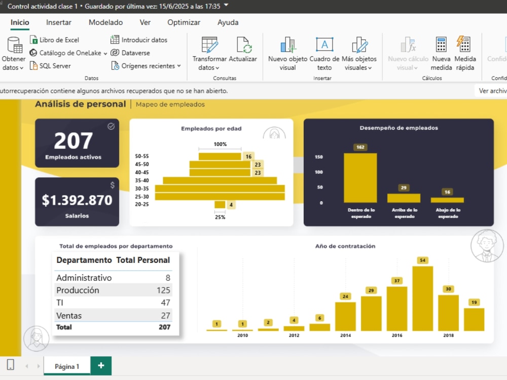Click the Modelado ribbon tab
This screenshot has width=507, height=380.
click(x=106, y=22)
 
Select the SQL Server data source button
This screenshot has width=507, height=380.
click(x=50, y=65)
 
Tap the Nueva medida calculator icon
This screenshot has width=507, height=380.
click(x=441, y=45)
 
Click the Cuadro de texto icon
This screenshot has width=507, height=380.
click(x=324, y=44)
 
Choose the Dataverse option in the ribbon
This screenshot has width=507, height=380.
click(x=130, y=53)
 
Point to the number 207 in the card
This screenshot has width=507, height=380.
click(x=74, y=141)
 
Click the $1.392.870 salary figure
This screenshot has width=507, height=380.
click(x=77, y=200)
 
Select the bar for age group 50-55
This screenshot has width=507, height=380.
click(x=220, y=157)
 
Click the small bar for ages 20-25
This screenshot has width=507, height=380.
click(x=220, y=204)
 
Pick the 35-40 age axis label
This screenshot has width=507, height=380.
click(x=142, y=180)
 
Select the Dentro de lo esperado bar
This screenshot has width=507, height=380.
click(x=360, y=178)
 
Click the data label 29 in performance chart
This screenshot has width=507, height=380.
click(x=404, y=188)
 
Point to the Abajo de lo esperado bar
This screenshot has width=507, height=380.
click(x=447, y=200)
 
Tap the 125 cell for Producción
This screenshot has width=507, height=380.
click(x=163, y=290)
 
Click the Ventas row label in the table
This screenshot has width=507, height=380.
click(x=69, y=315)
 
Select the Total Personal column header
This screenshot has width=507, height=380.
click(x=143, y=260)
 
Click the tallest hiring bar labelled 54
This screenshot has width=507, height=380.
click(x=423, y=298)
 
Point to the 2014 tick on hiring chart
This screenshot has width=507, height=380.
click(x=345, y=335)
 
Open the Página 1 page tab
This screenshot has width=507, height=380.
click(x=67, y=366)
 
